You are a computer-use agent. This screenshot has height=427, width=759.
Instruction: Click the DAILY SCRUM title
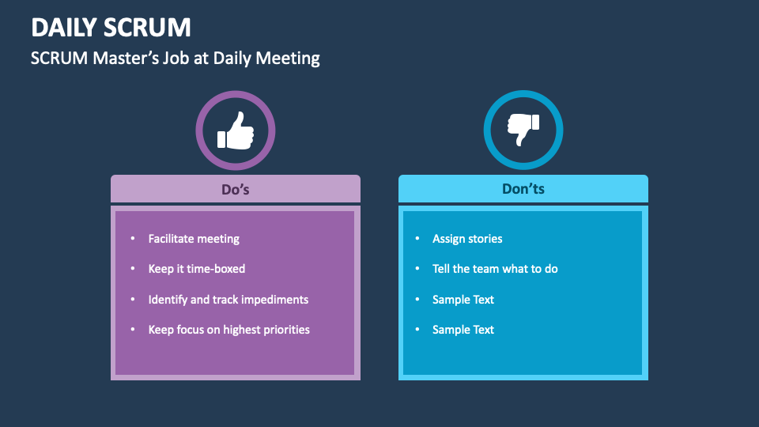point(111,28)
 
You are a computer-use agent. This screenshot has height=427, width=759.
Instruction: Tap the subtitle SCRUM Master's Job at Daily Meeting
point(175,59)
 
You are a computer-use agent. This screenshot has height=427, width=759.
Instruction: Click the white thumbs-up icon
point(236,130)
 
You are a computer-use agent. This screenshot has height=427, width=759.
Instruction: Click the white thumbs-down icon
point(523,130)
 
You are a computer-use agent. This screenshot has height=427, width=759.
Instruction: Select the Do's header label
point(236,189)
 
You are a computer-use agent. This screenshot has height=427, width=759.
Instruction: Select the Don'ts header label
point(523,189)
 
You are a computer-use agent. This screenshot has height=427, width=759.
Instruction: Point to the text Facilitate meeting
point(194,239)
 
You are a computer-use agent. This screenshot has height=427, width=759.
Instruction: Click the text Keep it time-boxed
point(197,269)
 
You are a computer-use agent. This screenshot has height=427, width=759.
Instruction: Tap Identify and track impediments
point(228,300)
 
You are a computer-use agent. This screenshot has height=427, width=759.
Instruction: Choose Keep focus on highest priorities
point(229,330)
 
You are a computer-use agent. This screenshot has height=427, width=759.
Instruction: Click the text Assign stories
point(467,239)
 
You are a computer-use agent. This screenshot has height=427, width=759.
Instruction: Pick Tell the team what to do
point(495,269)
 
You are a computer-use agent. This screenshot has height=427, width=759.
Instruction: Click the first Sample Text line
point(463,300)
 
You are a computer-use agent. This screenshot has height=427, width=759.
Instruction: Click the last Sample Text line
point(463,330)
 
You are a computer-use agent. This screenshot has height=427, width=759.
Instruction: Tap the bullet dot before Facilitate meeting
point(133,239)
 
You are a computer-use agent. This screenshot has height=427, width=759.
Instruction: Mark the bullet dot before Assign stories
point(417,239)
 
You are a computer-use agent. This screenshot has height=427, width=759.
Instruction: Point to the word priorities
point(284,330)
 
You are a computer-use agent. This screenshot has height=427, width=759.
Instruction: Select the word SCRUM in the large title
point(148,28)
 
